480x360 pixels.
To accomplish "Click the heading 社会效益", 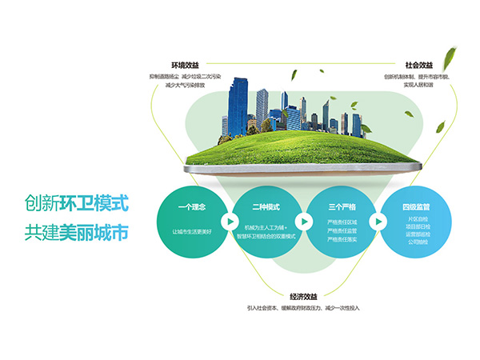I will coord(418,66).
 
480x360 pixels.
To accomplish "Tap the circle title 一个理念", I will coord(193,208).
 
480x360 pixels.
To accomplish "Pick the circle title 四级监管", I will coord(415,207).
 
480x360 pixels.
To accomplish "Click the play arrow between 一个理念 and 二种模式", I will coord(230,222).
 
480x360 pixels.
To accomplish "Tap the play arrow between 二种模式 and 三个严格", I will coord(304,222).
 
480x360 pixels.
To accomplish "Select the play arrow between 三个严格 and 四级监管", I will coord(378,222).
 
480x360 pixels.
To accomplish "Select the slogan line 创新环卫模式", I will coord(76,203).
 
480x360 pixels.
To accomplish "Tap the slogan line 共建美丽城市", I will coord(76,232).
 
